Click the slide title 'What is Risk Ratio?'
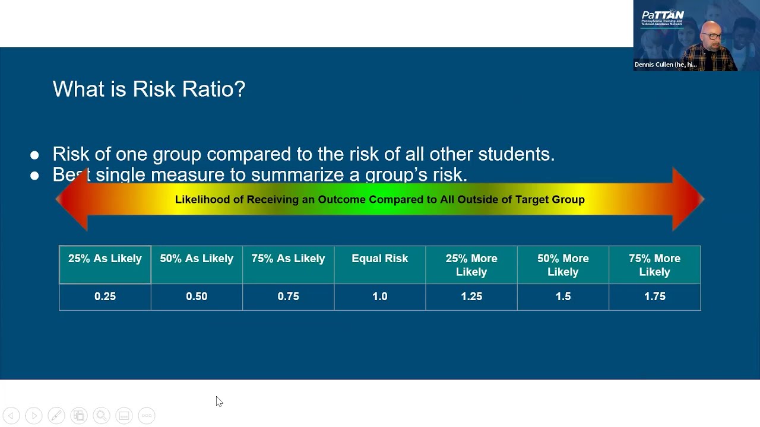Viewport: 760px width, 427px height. [x=149, y=90]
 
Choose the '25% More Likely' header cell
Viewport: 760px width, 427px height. [x=471, y=265]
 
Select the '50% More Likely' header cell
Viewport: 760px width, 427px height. [x=563, y=265]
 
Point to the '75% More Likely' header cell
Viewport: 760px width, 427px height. [x=654, y=265]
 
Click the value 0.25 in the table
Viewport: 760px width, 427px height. [x=105, y=297]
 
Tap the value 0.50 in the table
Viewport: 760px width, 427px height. [x=197, y=297]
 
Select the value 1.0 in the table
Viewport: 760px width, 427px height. [x=380, y=297]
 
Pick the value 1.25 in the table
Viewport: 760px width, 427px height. [x=471, y=297]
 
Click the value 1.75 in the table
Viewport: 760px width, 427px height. [x=654, y=297]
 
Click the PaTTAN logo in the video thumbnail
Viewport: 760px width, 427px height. [x=663, y=16]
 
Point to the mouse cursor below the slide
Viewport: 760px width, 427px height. [x=218, y=401]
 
